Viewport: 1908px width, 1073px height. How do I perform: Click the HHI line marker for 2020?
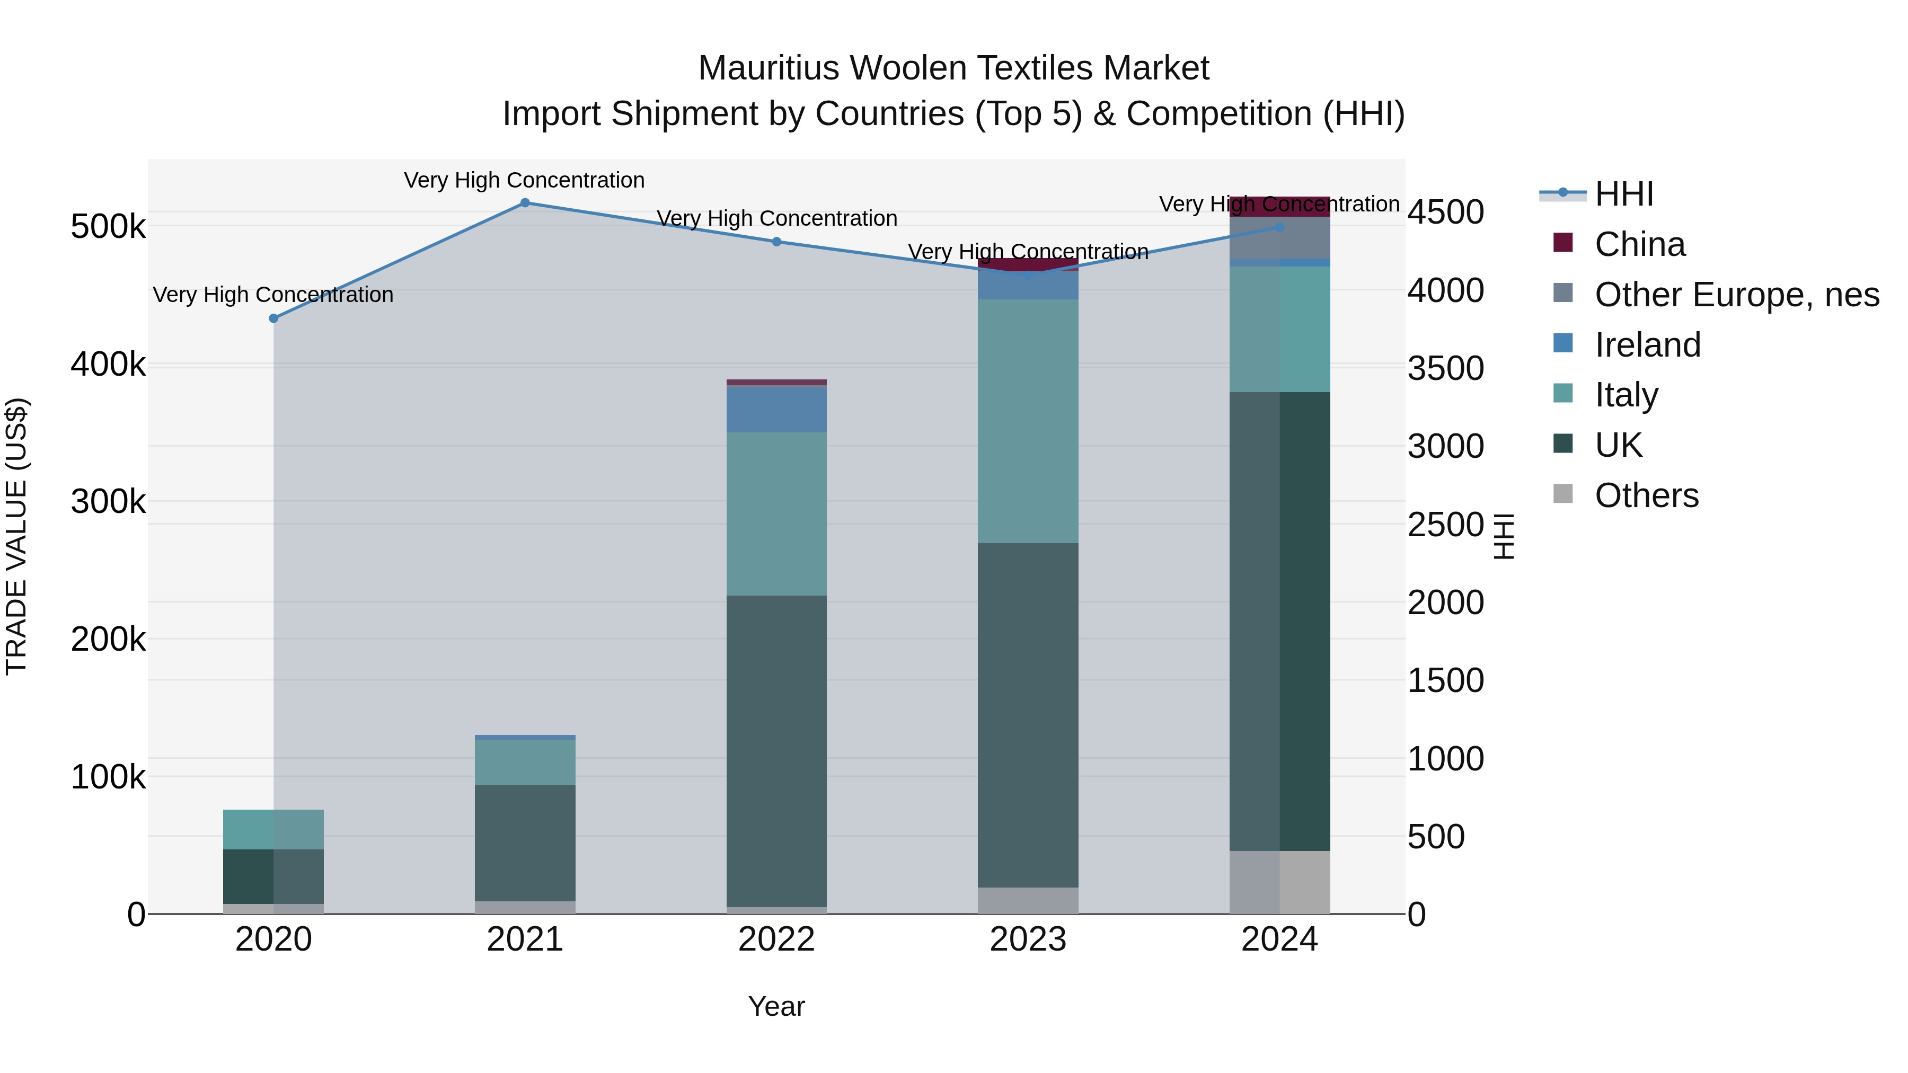click(273, 318)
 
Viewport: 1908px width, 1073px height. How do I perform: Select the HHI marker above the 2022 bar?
click(776, 242)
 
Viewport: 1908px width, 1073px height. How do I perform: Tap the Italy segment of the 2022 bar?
click(776, 514)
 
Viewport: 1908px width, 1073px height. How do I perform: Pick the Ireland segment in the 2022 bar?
click(776, 410)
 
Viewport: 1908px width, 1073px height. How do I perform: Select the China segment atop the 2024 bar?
click(1279, 207)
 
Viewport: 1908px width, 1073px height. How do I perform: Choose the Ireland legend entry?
click(1647, 345)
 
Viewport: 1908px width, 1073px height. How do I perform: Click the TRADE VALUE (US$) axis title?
click(16, 536)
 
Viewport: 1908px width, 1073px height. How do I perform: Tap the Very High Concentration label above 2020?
click(273, 295)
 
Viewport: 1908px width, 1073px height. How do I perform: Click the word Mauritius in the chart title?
click(768, 68)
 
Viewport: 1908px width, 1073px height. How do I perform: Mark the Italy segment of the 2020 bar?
click(273, 829)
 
